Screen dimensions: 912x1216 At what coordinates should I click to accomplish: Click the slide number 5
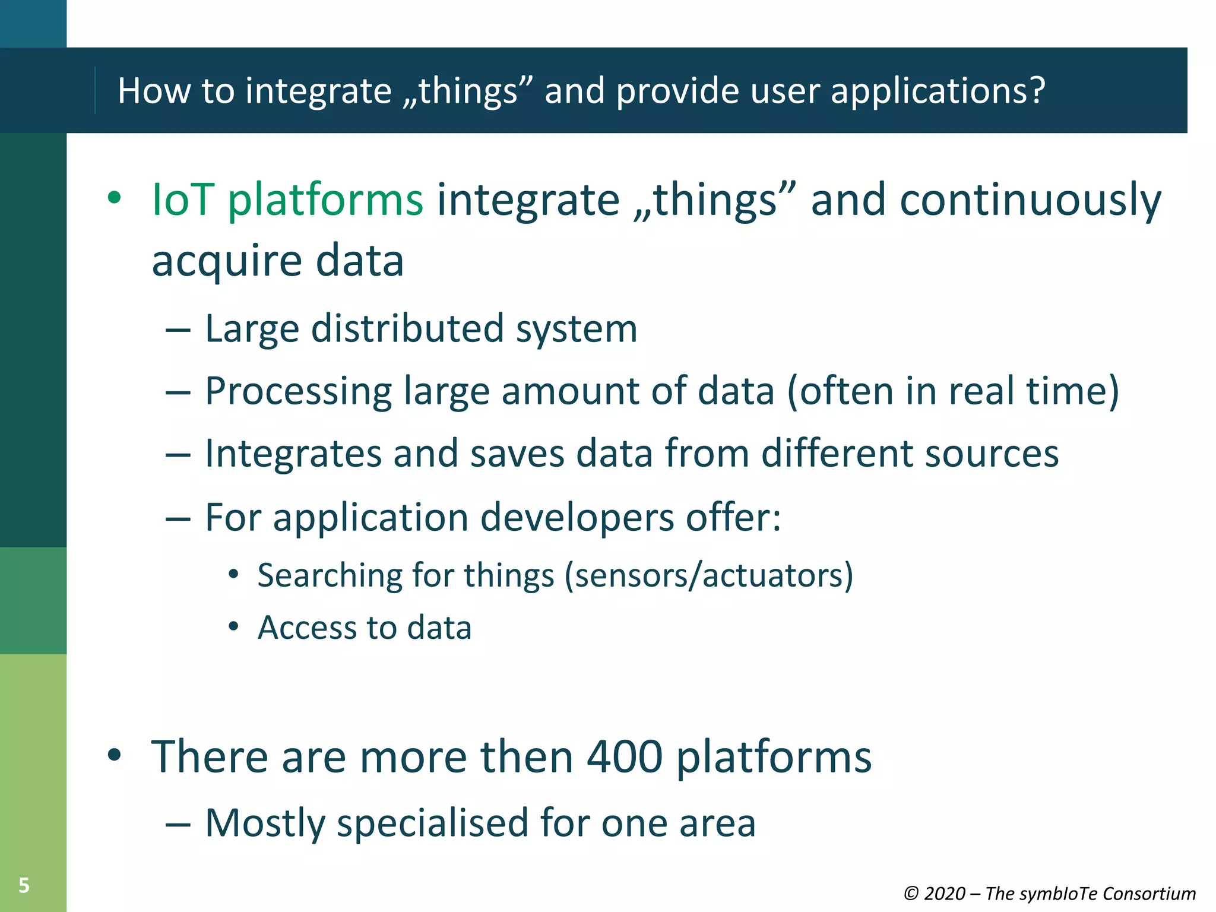pyautogui.click(x=24, y=885)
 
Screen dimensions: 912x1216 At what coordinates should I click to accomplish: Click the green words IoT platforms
pyautogui.click(x=287, y=199)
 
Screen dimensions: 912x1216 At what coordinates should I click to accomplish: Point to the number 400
pyautogui.click(x=624, y=757)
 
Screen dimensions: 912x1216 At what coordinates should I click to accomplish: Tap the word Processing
pyautogui.click(x=298, y=392)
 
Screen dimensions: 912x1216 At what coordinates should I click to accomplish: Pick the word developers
pyautogui.click(x=577, y=518)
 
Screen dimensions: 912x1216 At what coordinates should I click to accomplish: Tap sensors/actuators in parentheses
pyautogui.click(x=708, y=575)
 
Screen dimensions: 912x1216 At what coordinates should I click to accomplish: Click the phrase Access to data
pyautogui.click(x=364, y=628)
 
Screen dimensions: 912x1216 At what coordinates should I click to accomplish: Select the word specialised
pyautogui.click(x=432, y=824)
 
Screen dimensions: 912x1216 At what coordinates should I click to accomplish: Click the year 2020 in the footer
pyautogui.click(x=944, y=894)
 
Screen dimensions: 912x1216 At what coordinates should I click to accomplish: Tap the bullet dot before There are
pyautogui.click(x=114, y=756)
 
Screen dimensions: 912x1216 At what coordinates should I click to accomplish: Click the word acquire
pyautogui.click(x=226, y=262)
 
